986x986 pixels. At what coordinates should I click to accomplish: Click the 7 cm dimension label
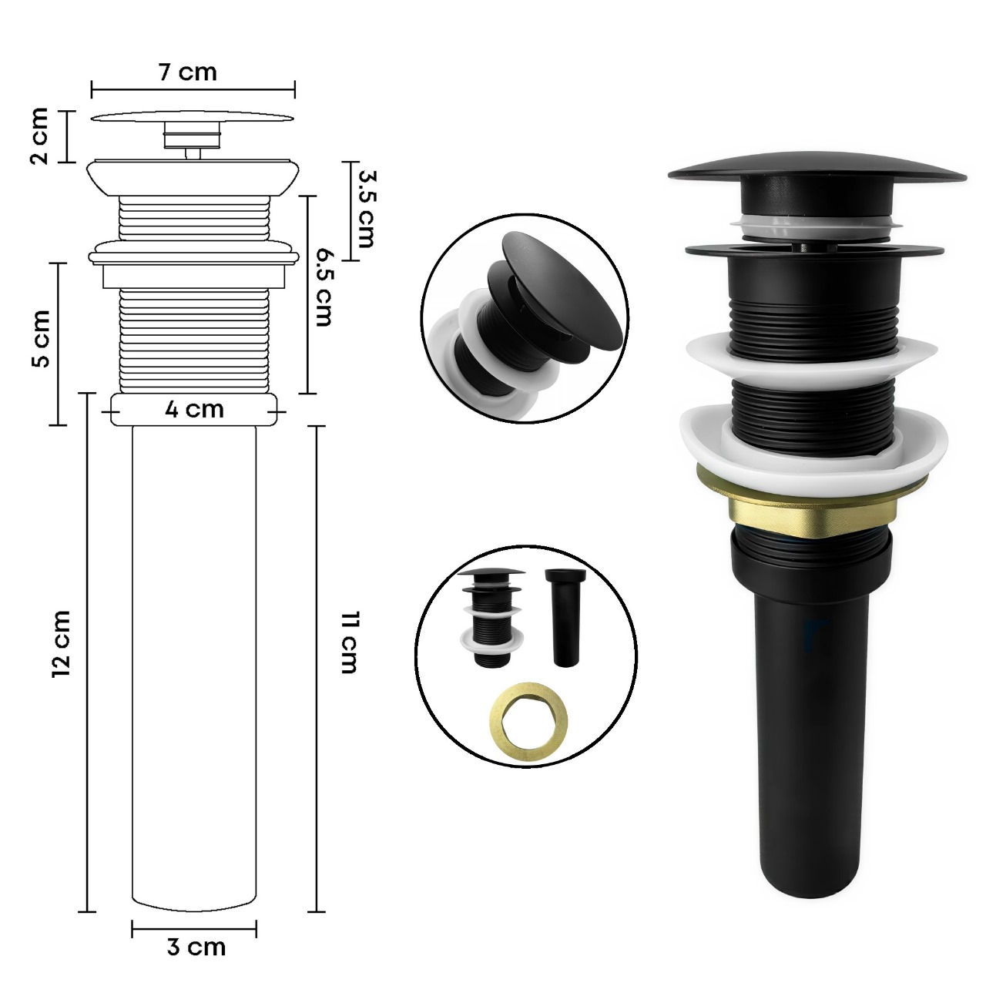pos(187,72)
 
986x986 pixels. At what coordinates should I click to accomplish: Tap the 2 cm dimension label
pos(39,136)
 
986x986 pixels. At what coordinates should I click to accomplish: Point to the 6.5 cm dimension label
pos(322,287)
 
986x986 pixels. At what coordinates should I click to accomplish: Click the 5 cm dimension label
pos(40,339)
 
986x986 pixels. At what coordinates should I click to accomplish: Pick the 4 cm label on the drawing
pos(194,409)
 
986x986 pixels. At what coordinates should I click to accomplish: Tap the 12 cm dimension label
pos(61,644)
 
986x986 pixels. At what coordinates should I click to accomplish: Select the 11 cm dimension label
pos(348,642)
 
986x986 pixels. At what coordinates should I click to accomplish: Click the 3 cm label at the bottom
pos(196,947)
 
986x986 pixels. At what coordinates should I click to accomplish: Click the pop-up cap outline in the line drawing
pos(193,119)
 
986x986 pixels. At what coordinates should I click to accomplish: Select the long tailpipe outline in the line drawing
pos(193,655)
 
